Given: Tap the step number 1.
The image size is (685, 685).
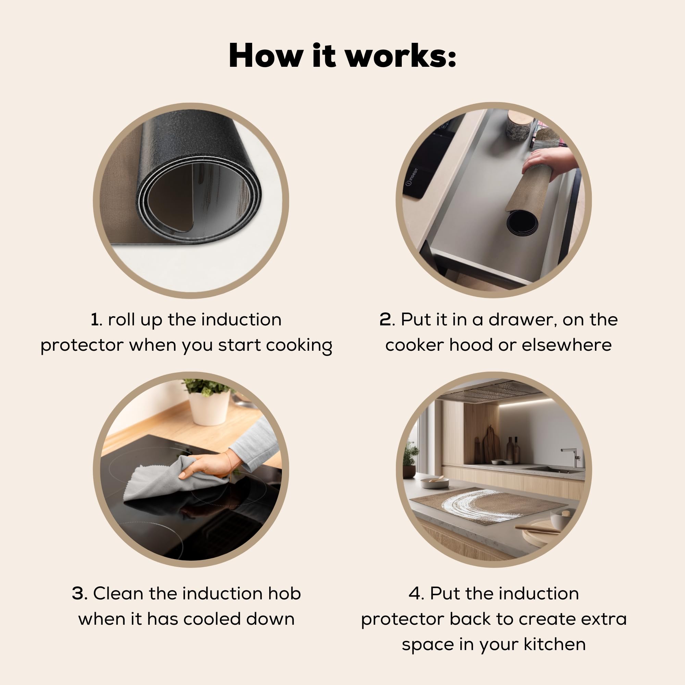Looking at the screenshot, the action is [x=95, y=320].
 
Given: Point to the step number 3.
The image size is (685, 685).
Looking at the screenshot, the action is [x=79, y=594].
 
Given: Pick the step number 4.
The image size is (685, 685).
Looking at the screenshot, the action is [x=416, y=594].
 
